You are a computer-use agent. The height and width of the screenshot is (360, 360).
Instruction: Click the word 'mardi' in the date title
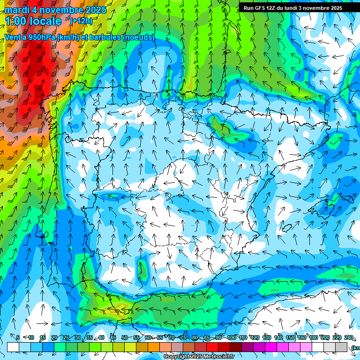click(16, 10)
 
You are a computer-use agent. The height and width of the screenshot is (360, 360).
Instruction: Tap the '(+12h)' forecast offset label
click(81, 21)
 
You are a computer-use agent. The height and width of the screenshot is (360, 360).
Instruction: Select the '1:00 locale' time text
click(33, 21)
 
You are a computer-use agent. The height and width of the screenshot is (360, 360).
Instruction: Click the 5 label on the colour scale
click(18, 337)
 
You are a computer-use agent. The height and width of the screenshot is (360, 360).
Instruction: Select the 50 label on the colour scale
click(124, 337)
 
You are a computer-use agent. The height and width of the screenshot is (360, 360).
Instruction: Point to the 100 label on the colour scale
click(232, 337)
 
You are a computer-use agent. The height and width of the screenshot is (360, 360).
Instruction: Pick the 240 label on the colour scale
click(349, 337)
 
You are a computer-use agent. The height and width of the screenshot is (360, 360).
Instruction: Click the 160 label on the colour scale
click(302, 337)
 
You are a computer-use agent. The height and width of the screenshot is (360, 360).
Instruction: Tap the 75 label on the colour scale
click(183, 337)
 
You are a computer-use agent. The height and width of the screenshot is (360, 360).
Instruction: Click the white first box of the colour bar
click(13, 347)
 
